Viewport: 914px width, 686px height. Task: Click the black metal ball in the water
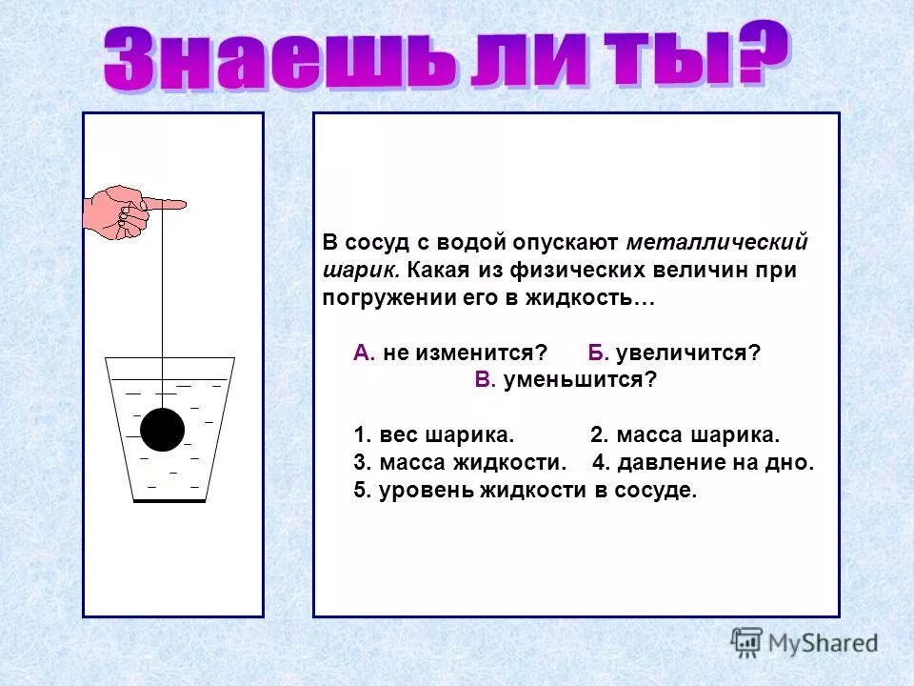coord(163,430)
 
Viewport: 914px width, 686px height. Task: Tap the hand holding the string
coord(118,212)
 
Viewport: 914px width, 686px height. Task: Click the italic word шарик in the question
coord(352,270)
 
